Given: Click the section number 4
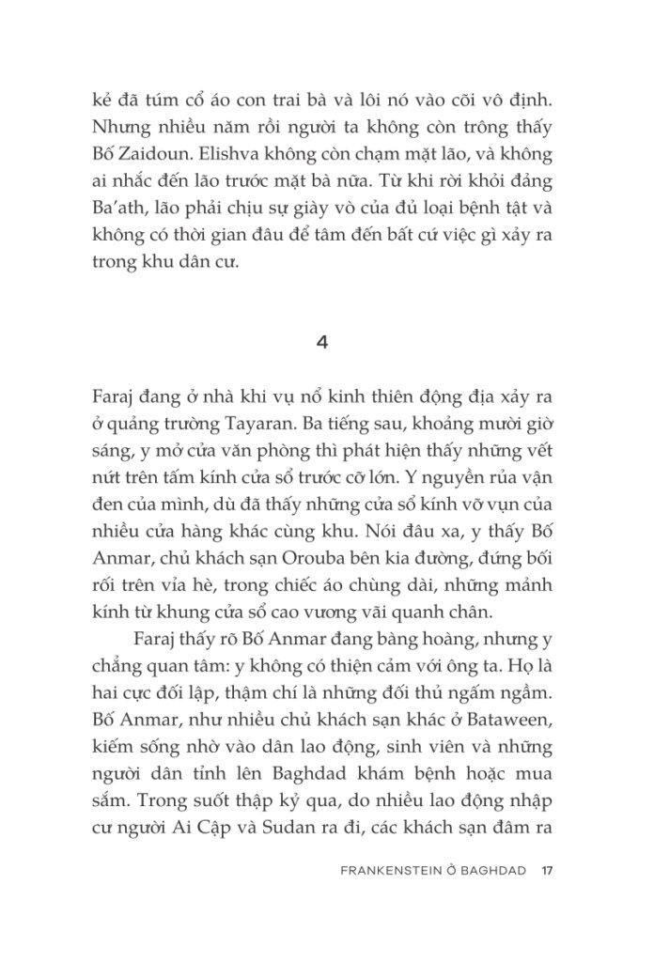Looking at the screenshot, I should pos(322,342).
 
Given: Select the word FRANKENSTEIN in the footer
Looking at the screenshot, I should pos(387,869).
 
